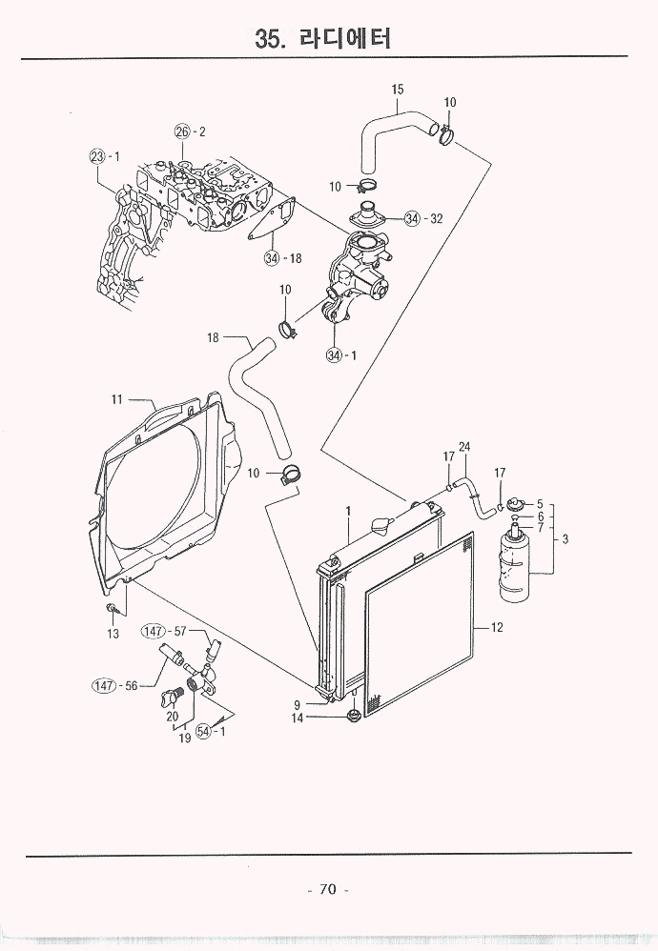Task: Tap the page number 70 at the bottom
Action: click(327, 889)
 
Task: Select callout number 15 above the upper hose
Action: click(398, 90)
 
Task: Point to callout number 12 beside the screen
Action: click(496, 628)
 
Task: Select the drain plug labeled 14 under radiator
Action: click(352, 716)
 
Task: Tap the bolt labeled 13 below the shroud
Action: click(113, 610)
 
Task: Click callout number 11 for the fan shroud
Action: click(117, 400)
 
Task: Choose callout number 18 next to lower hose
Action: click(214, 337)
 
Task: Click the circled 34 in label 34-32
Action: click(411, 218)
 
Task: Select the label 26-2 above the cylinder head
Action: click(190, 131)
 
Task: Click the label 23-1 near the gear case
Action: click(105, 155)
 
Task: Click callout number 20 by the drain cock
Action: click(172, 717)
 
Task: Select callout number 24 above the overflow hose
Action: click(464, 447)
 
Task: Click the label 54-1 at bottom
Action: click(210, 731)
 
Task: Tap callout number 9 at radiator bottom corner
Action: click(298, 704)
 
